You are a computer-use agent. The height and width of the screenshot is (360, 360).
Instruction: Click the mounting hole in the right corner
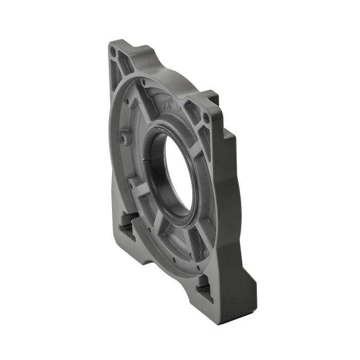tap(206, 118)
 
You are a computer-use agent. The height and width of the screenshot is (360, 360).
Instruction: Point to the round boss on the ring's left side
tap(123, 138)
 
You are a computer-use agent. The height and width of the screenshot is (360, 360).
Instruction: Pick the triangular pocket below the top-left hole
tap(116, 72)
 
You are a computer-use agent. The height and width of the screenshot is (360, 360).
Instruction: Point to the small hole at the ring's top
tap(143, 82)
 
